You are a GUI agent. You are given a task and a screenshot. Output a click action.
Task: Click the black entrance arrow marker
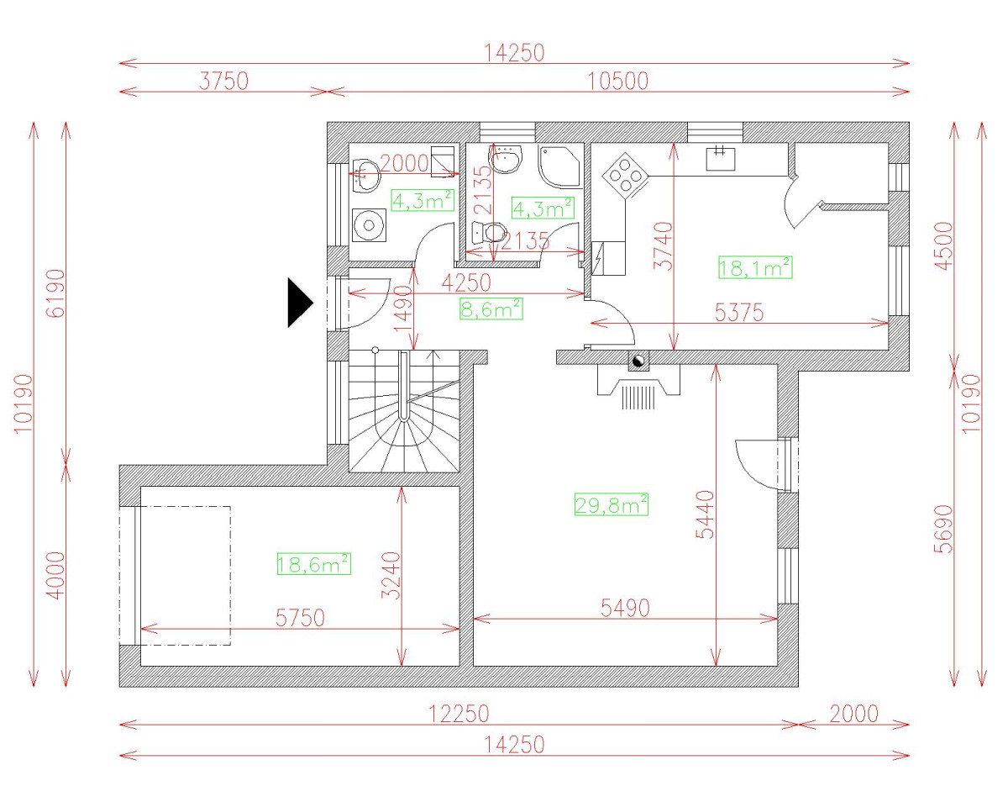coord(300,303)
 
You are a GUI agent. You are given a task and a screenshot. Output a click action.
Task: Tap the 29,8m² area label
coord(612,504)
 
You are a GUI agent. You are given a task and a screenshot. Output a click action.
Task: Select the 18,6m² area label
coord(314,563)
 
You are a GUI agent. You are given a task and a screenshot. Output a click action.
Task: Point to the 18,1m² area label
coord(755,267)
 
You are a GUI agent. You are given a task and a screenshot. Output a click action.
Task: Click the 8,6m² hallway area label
coord(491,309)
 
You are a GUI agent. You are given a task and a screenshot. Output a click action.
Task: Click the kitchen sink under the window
coord(721,159)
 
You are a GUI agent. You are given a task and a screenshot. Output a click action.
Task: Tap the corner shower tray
coord(559,167)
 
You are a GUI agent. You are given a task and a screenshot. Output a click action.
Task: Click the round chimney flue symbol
coord(638,361)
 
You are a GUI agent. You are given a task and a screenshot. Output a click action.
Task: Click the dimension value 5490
coord(625,608)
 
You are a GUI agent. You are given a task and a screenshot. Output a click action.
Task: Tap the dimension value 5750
coord(300,618)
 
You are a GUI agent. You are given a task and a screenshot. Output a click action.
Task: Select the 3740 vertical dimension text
coord(664,246)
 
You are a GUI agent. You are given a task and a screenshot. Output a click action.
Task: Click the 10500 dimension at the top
coord(618,82)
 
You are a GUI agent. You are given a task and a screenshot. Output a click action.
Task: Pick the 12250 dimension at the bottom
coord(459,715)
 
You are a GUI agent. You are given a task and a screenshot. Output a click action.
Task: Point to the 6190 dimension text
coord(55,293)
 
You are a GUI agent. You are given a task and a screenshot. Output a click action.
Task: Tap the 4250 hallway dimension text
coord(466,282)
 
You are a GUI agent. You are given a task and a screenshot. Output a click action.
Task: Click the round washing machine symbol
coord(369,225)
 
